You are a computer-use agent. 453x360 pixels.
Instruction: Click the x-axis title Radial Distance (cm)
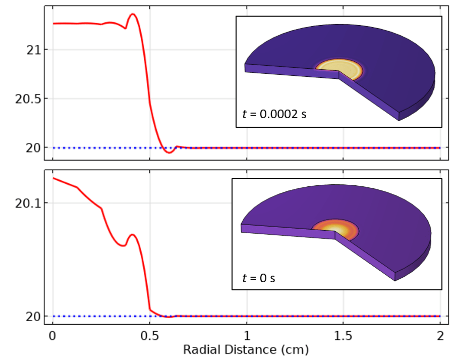point(246,349)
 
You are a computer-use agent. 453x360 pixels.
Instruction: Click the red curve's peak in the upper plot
point(133,14)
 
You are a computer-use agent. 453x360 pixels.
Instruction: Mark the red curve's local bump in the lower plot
point(132,234)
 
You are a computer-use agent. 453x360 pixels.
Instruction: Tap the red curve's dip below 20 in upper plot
point(169,152)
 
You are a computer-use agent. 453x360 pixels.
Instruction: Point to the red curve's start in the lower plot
point(53,178)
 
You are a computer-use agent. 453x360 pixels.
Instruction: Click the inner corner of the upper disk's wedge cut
point(339,72)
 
